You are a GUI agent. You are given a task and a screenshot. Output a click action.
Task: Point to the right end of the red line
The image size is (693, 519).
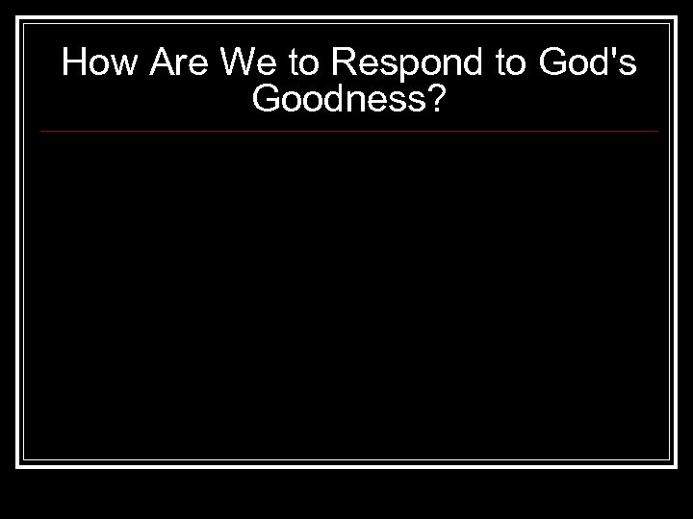click(x=658, y=131)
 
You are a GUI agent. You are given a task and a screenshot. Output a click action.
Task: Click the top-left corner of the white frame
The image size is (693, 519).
click(x=18, y=18)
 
